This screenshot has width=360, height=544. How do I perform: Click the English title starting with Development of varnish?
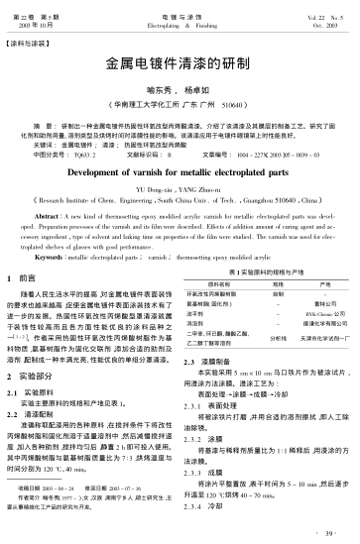180,170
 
